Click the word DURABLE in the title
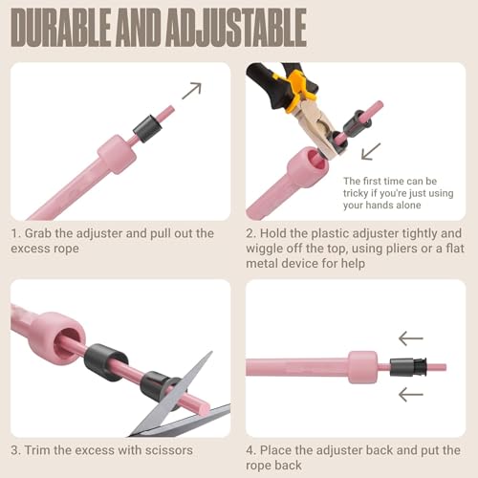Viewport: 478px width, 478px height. tap(61, 28)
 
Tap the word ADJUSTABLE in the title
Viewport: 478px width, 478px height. tap(236, 28)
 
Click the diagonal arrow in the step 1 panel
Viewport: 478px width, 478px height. tap(192, 91)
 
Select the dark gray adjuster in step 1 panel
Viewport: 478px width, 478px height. tap(147, 128)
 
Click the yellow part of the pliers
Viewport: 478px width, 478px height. tap(295, 91)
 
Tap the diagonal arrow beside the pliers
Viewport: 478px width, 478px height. tap(371, 151)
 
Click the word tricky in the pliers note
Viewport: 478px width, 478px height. tap(354, 193)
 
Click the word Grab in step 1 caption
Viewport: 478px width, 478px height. tap(38, 233)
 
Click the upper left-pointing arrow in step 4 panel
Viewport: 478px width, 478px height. tap(411, 338)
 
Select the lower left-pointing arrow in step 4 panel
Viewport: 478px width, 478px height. tap(411, 394)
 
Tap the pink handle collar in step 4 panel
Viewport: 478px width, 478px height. tap(363, 367)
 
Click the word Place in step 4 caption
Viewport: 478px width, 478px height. tap(274, 450)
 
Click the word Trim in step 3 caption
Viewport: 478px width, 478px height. tap(37, 450)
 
